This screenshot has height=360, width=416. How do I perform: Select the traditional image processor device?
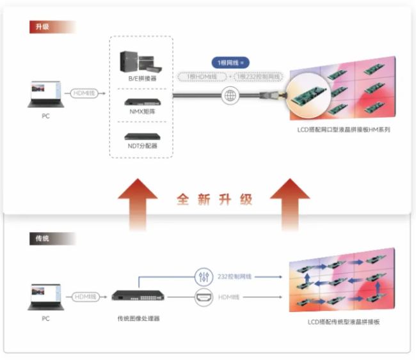pos(138,296)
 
